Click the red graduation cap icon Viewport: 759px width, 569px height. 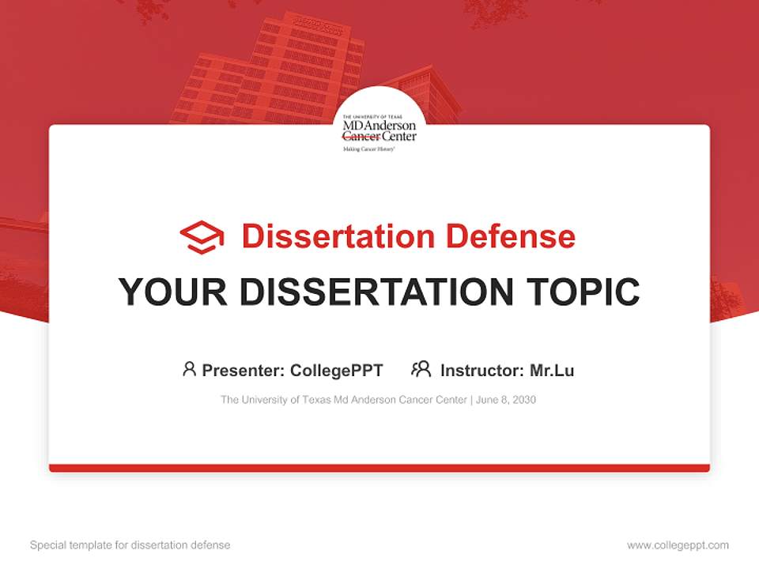[x=202, y=237]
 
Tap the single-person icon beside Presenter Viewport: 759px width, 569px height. [x=189, y=369]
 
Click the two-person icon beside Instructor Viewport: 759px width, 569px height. [x=421, y=369]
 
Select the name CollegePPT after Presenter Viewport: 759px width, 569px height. [x=337, y=371]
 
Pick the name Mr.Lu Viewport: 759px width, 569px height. [x=552, y=371]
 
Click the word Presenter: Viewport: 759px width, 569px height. [x=243, y=371]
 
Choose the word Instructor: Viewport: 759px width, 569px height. [x=482, y=371]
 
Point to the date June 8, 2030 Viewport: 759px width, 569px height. [x=506, y=400]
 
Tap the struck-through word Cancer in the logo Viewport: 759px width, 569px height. [x=361, y=136]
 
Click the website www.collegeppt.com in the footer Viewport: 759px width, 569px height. [x=678, y=545]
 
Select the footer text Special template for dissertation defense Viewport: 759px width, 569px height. [x=130, y=545]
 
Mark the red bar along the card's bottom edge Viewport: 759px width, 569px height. [x=379, y=468]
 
